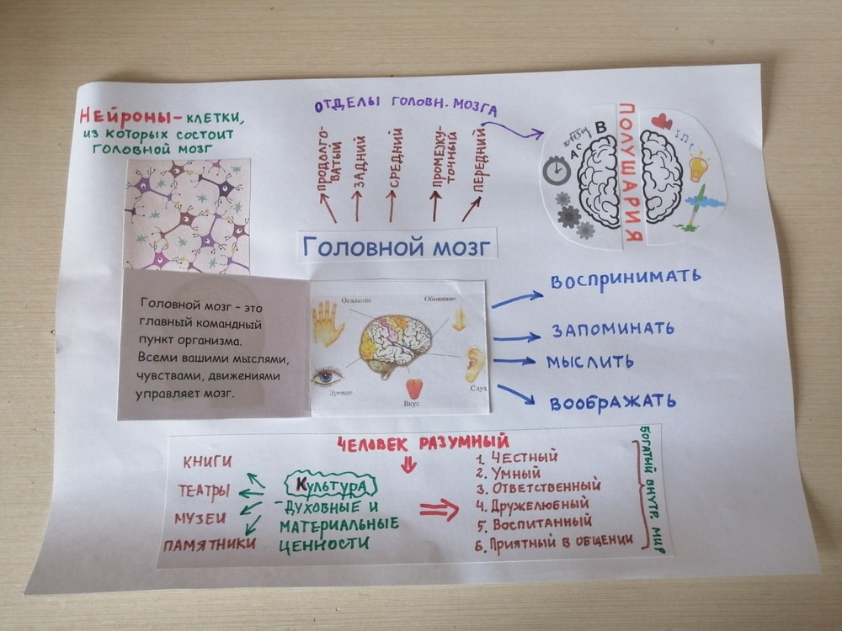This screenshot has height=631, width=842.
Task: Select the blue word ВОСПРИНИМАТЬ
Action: [626, 278]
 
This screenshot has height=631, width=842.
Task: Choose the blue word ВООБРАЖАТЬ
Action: [613, 401]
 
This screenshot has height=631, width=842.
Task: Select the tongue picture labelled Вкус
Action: [413, 390]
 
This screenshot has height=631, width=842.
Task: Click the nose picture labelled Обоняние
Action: [460, 317]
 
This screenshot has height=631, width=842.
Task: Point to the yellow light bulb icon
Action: [698, 167]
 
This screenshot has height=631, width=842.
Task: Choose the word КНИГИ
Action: [207, 461]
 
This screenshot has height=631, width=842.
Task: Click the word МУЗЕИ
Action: [200, 518]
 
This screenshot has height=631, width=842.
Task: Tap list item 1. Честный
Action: [516, 458]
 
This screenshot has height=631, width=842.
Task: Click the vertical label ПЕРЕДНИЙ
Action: [479, 168]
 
